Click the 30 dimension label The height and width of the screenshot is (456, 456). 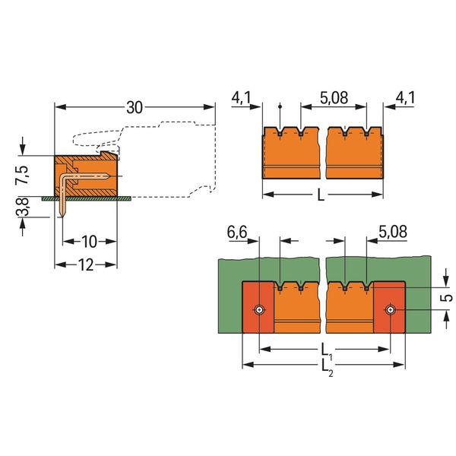[x=135, y=107]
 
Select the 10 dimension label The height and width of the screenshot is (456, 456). [x=89, y=242]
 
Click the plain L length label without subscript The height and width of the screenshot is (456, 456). [x=321, y=195]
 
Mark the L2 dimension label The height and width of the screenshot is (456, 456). [x=325, y=367]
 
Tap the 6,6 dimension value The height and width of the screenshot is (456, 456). [x=237, y=231]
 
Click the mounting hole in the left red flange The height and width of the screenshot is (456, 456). [x=260, y=311]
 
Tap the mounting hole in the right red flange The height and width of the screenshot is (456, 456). [x=390, y=311]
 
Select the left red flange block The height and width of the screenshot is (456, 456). [x=257, y=319]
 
